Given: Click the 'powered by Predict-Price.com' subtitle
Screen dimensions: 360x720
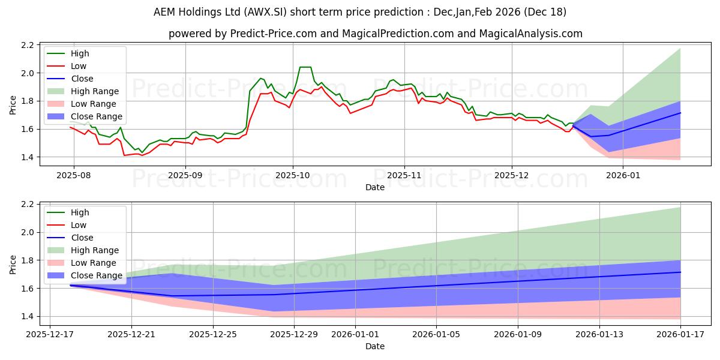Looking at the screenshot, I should pyautogui.click(x=375, y=34).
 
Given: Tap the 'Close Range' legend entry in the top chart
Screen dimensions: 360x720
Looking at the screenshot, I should pyautogui.click(x=96, y=116).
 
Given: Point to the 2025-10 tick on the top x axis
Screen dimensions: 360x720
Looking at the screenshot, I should pyautogui.click(x=293, y=175).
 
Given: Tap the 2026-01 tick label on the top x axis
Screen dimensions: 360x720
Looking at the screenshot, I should pyautogui.click(x=623, y=175).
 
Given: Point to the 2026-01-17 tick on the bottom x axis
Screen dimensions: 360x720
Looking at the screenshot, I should pyautogui.click(x=680, y=334).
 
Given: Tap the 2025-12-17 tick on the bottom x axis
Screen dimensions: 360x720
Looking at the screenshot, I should pyautogui.click(x=50, y=334).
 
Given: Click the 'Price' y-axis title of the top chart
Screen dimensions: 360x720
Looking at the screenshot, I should pyautogui.click(x=13, y=105).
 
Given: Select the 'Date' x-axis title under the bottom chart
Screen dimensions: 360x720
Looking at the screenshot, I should pyautogui.click(x=375, y=346).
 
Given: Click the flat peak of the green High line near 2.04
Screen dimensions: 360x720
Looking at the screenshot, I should pyautogui.click(x=305, y=67).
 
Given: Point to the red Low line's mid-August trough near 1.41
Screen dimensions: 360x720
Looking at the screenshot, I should pyautogui.click(x=125, y=155).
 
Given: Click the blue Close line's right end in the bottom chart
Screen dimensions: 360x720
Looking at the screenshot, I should pyautogui.click(x=680, y=272).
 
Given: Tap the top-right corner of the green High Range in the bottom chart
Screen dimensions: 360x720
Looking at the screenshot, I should pyautogui.click(x=680, y=208).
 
